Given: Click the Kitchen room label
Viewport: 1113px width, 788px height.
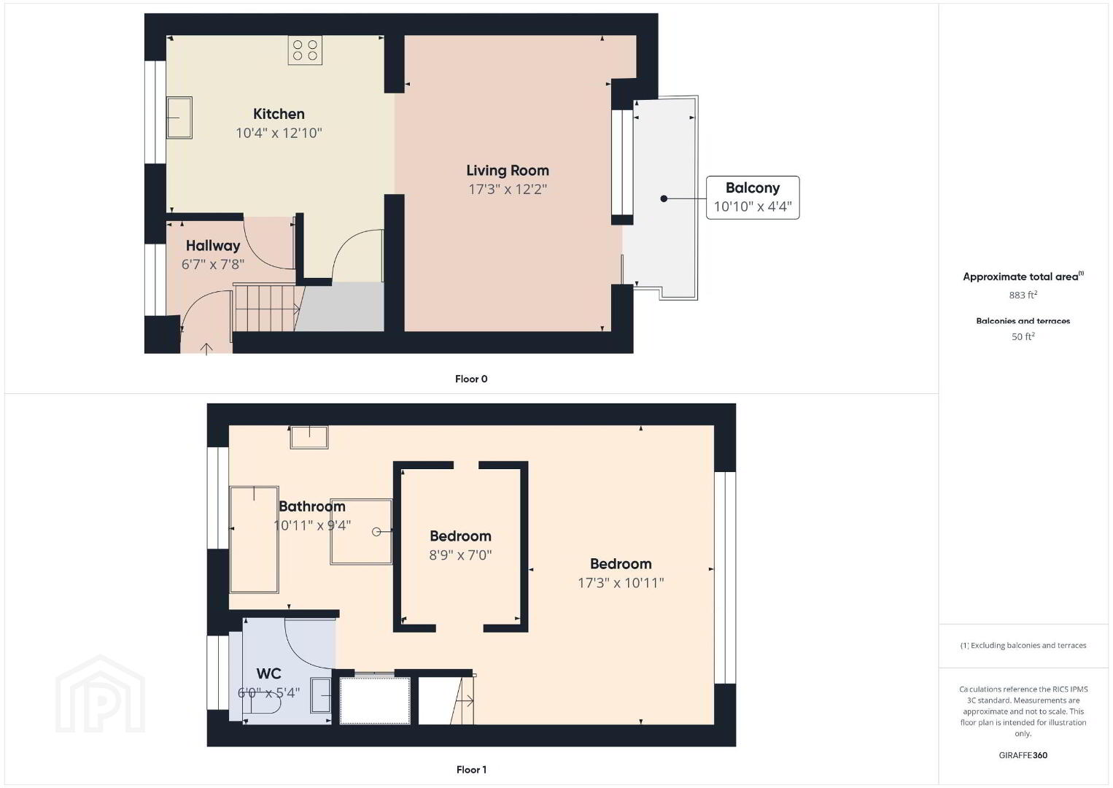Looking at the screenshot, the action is point(279,114).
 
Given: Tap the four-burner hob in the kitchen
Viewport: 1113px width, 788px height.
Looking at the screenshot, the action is point(305,50).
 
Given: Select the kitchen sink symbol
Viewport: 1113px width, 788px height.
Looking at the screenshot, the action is point(179,117).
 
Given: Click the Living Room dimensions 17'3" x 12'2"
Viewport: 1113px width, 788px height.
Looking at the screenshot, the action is point(508,189).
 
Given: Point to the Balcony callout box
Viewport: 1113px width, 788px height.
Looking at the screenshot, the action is point(753,198).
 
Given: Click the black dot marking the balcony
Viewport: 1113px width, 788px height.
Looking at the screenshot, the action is point(664,198).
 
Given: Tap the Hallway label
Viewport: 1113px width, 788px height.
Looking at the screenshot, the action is point(213,246).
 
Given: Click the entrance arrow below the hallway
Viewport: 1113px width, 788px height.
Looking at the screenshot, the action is point(206,349).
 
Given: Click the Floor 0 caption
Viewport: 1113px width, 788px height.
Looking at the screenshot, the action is point(471,379).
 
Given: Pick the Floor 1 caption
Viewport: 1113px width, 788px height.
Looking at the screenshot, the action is point(471,770).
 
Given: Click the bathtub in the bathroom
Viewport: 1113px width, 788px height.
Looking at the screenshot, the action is point(254,539).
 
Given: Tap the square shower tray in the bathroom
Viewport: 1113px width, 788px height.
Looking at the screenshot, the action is point(361,531).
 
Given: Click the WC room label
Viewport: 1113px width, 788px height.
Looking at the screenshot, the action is point(269,673).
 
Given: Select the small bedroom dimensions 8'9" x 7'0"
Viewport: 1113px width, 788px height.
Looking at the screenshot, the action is point(460,555).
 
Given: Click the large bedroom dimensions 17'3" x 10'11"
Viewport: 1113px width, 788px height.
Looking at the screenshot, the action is point(621,583).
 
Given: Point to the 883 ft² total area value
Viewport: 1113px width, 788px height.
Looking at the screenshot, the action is point(1023,295).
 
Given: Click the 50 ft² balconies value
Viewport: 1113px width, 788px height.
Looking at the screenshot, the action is point(1023,336).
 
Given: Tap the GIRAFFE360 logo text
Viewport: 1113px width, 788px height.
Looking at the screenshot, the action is point(1023,755).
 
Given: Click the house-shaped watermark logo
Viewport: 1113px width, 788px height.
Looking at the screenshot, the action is point(100,694).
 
